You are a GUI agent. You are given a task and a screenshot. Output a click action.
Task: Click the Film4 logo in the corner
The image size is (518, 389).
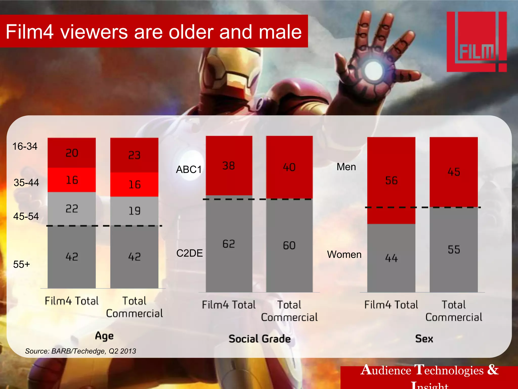[477, 42]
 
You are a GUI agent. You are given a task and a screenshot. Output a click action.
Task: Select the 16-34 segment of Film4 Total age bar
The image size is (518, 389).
[72, 153]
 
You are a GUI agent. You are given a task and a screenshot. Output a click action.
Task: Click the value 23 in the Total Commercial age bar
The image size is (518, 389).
[134, 155]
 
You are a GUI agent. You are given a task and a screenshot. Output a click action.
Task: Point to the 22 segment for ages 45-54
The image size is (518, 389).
[72, 209]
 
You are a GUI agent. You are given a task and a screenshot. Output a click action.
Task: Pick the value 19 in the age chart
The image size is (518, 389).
[134, 211]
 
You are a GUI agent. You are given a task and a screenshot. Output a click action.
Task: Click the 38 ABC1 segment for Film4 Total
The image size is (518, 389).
[229, 166]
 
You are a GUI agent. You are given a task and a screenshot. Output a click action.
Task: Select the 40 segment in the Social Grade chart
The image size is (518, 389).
[289, 167]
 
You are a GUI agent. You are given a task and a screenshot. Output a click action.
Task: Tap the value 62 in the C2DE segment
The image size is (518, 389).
[229, 244]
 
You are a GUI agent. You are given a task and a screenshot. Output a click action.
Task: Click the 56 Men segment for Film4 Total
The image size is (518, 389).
[391, 181]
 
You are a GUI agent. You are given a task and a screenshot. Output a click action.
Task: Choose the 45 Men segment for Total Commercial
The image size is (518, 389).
[454, 172]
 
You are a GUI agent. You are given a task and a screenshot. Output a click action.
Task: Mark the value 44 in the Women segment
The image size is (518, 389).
[391, 258]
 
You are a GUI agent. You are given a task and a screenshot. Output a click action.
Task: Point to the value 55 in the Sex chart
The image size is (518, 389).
[454, 250]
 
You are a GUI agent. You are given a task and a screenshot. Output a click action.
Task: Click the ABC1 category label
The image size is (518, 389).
[189, 169]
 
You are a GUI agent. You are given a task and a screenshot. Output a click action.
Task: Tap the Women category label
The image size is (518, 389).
[344, 254]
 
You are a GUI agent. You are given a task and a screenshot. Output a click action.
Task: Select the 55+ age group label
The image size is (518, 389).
[21, 264]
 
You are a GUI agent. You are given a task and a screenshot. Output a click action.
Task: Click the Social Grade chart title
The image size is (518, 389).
[260, 339]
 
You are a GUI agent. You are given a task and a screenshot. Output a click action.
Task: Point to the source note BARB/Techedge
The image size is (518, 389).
[80, 351]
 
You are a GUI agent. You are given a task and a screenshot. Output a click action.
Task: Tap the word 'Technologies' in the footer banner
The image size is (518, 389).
[449, 371]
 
